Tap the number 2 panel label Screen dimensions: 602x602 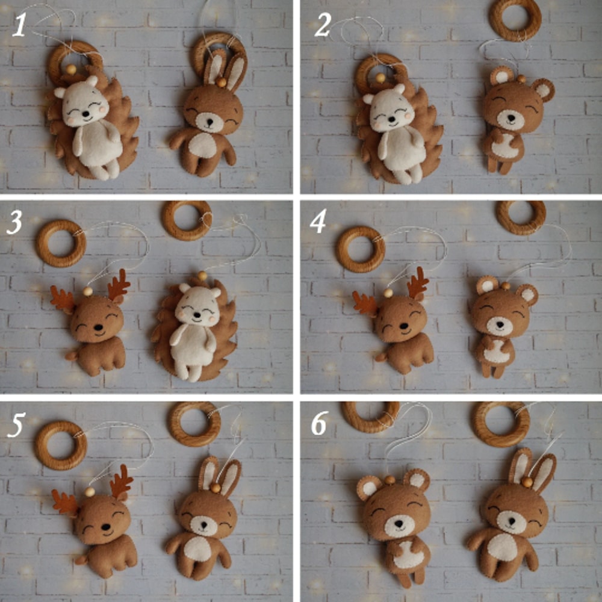tap(323, 25)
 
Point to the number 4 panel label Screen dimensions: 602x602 tap(318, 222)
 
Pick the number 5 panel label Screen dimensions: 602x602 tap(16, 425)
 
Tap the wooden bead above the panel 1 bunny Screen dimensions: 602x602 tap(221, 82)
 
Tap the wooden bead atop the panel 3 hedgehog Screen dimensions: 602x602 tap(202, 276)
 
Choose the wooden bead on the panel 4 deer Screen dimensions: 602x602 tap(388, 293)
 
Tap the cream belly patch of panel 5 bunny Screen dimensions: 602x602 tap(197, 548)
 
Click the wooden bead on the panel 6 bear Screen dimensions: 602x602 tap(390, 480)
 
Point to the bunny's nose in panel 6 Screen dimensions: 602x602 tap(511, 521)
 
